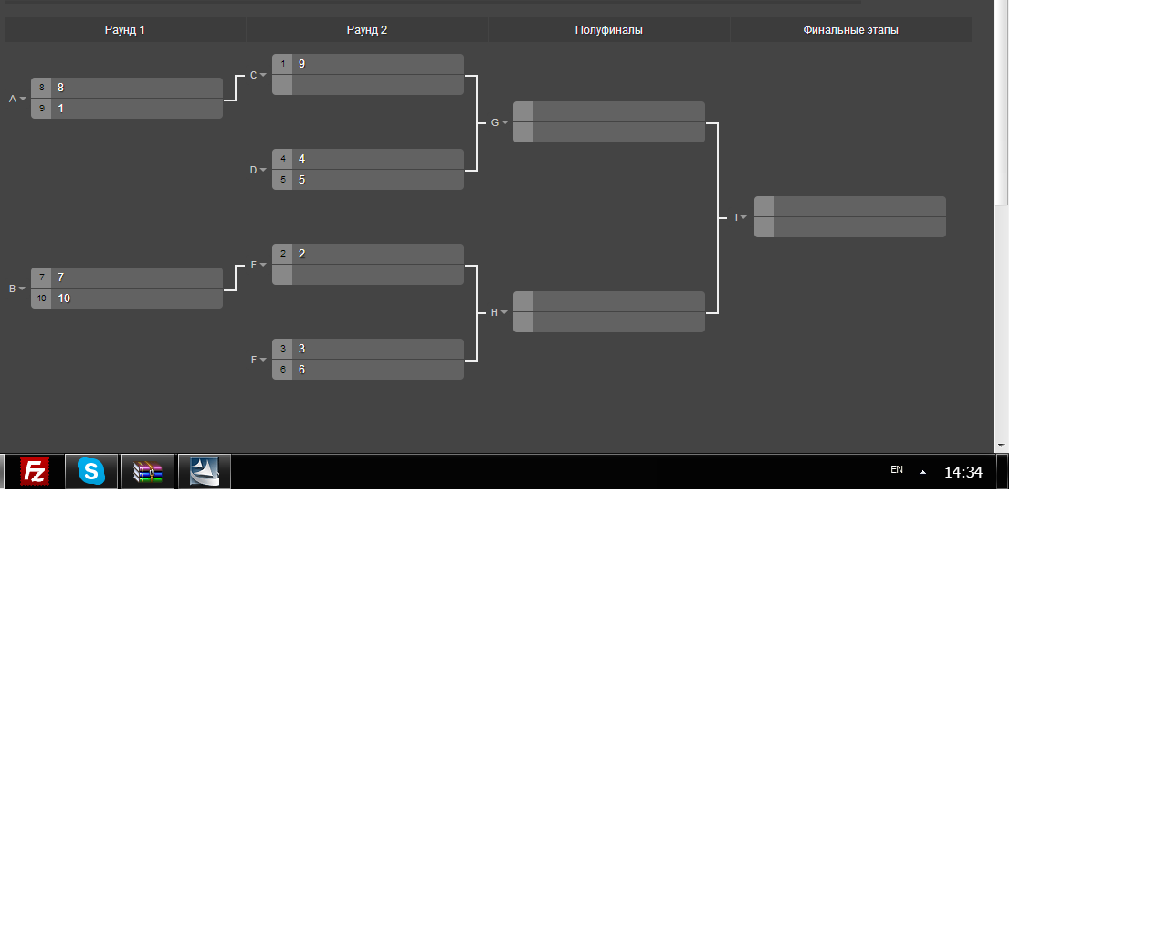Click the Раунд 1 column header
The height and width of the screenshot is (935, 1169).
124,30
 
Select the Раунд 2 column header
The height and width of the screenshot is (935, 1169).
366,30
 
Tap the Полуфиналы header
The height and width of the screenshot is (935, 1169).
608,30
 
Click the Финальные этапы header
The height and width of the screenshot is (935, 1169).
850,30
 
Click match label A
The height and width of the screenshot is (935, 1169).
13,99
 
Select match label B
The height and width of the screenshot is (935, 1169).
12,289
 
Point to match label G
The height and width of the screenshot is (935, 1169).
494,122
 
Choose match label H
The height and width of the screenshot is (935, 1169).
494,312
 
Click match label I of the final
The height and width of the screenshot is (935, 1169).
736,217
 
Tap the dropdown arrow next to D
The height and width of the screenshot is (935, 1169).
263,170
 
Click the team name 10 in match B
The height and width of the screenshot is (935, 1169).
64,299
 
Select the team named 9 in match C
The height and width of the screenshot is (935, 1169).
301,64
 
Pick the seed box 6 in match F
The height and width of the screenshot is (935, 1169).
282,370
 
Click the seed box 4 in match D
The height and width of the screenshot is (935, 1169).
282,159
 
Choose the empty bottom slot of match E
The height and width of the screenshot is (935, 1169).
368,275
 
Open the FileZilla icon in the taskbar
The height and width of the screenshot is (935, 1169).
34,471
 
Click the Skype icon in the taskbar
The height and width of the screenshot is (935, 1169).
91,471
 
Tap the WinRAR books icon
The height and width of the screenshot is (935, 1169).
148,471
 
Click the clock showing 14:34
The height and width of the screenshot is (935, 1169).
964,472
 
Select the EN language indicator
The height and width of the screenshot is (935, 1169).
896,469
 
